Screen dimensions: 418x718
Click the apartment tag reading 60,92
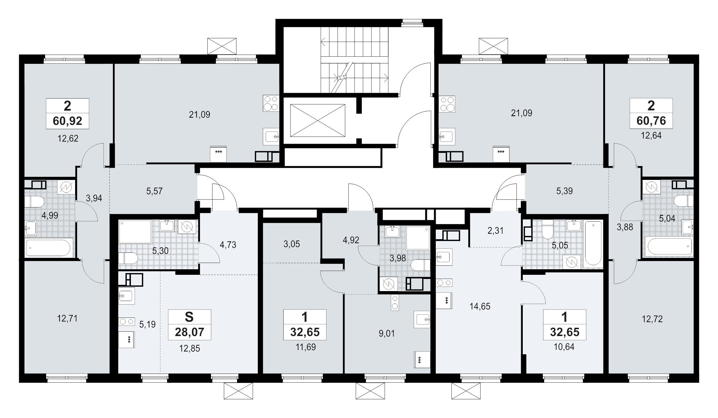[68, 114]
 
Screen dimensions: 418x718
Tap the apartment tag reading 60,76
[651, 113]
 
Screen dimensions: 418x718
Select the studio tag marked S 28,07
[189, 324]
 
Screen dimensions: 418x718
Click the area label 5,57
[154, 191]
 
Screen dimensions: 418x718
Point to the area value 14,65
[480, 306]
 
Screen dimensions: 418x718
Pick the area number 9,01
[387, 333]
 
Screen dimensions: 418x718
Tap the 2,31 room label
[495, 231]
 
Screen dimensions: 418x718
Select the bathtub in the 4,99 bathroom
[48, 248]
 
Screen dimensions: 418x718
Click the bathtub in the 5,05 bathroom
[593, 243]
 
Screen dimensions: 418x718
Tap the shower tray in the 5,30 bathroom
[135, 231]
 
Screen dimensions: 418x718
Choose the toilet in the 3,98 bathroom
[420, 265]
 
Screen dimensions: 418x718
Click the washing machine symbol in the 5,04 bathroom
[651, 187]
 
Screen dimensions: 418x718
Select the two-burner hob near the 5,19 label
[126, 322]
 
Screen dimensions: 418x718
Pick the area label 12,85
[189, 348]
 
